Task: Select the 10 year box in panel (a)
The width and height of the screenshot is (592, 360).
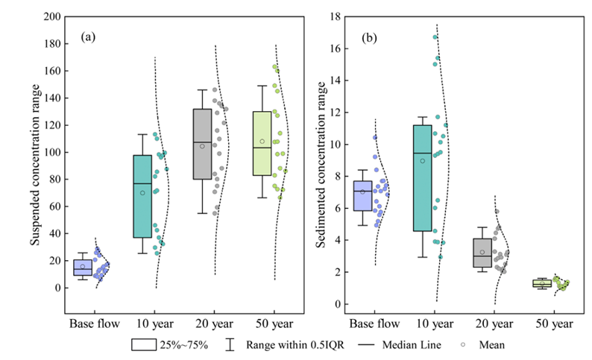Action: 142,196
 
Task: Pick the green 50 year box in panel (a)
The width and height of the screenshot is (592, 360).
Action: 262,143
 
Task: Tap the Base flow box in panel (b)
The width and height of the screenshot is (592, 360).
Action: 362,196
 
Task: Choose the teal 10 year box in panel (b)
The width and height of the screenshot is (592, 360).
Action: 422,177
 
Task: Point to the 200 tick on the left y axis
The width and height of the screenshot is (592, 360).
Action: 51,16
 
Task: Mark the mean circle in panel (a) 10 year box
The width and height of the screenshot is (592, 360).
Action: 142,193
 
